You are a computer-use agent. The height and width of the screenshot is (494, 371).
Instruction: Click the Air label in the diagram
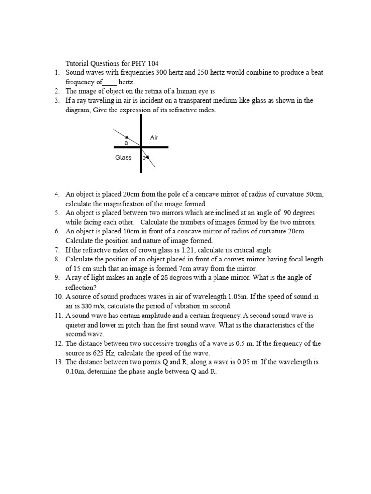click(x=154, y=137)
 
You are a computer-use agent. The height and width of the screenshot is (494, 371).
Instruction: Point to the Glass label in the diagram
click(x=123, y=158)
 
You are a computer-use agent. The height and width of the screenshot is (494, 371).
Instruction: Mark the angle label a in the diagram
click(x=126, y=143)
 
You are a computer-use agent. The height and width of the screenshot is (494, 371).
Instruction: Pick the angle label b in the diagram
click(x=143, y=158)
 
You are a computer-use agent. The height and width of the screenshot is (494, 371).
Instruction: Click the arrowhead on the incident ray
click(x=127, y=137)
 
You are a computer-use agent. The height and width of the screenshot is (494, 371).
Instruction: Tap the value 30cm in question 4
click(x=314, y=194)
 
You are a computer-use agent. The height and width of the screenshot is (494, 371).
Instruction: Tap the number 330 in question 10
click(x=86, y=306)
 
